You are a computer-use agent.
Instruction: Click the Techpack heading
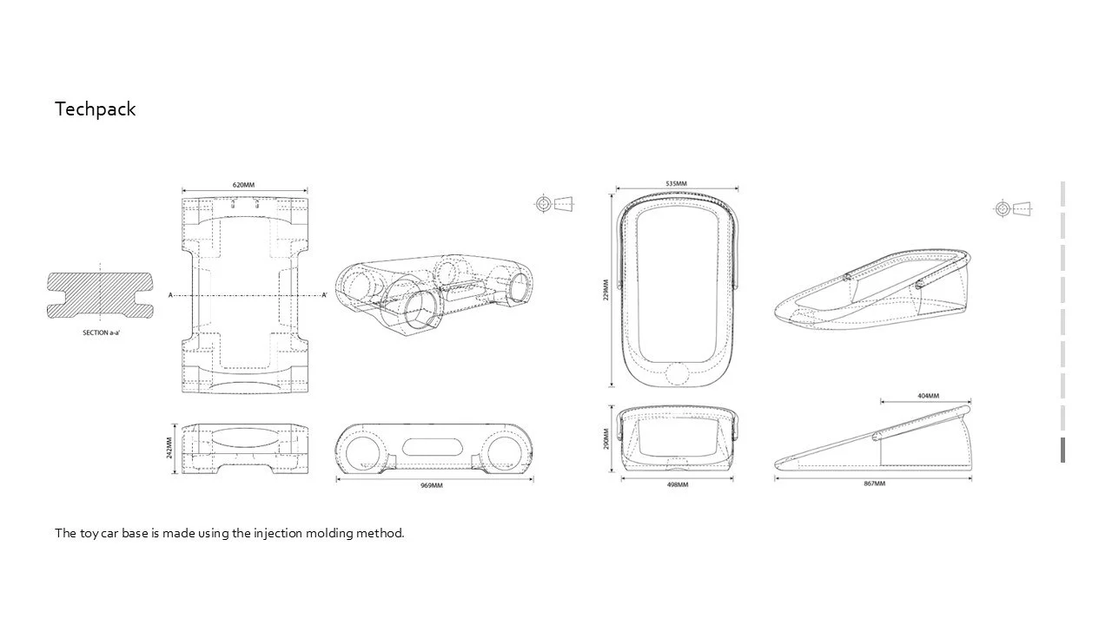coord(96,109)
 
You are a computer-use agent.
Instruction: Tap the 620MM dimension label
coord(243,185)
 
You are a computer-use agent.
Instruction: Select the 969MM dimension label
coord(432,485)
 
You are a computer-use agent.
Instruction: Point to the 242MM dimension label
coord(169,448)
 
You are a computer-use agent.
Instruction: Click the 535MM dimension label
coord(676,183)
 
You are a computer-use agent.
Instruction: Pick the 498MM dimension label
coord(677,484)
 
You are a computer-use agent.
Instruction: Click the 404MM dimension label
coord(928,396)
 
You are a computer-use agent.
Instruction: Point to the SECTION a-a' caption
coord(101,333)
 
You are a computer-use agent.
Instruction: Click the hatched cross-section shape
coord(101,295)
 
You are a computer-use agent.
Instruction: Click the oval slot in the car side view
coord(432,447)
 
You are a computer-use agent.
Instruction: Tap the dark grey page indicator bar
coord(1062,450)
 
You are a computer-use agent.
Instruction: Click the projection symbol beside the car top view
coord(553,204)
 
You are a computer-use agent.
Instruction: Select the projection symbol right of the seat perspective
coord(1013,208)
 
